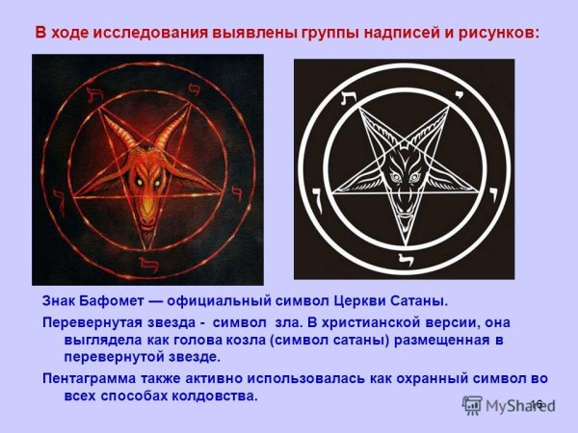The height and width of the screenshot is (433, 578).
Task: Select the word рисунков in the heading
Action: click(499, 32)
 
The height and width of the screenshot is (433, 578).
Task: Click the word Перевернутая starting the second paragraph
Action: click(92, 320)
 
